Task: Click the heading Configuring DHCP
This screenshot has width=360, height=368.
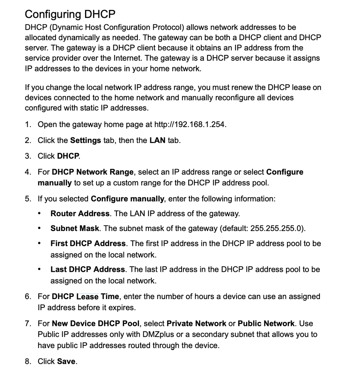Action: (x=70, y=14)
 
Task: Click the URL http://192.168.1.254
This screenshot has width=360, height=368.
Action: (x=190, y=124)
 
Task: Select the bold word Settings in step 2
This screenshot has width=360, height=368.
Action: (x=85, y=140)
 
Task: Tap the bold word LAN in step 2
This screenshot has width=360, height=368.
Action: (x=157, y=140)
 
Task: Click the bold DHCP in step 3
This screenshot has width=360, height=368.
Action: (x=68, y=156)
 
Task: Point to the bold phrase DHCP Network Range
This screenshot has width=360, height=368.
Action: (x=92, y=172)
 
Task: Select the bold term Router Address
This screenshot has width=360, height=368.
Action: (x=80, y=214)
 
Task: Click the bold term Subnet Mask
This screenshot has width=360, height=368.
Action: (x=75, y=228)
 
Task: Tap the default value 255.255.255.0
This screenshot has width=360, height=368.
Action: (x=277, y=228)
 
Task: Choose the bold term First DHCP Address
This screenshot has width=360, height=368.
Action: (x=88, y=243)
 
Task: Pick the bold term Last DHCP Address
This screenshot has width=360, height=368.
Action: (x=88, y=269)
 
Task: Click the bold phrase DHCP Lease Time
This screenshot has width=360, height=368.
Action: (x=85, y=297)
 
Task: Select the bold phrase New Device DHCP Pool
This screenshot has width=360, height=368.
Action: (x=96, y=324)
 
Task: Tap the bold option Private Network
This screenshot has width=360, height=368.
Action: (x=196, y=324)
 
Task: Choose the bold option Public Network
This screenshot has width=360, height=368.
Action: (x=266, y=324)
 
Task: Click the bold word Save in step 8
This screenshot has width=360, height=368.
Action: (x=66, y=361)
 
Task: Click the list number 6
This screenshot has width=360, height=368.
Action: (x=28, y=297)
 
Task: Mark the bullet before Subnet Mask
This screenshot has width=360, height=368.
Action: (x=39, y=228)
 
